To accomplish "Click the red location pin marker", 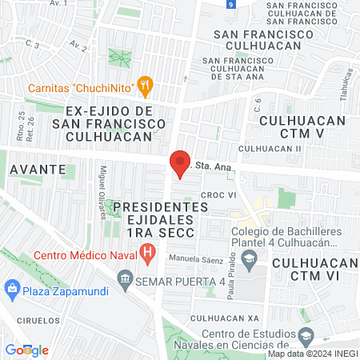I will pos(179,164).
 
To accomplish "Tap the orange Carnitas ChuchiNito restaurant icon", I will pos(145,84).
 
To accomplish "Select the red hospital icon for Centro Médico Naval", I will pos(147,255).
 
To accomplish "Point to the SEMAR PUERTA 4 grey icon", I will pos(124,279).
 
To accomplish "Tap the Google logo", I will pos(26,350).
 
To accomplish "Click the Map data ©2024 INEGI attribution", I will pos(312,354).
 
